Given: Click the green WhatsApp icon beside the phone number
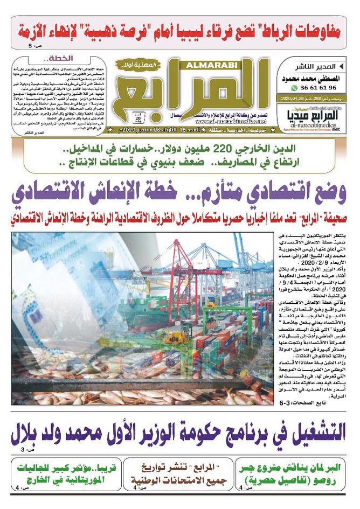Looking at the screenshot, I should click(294, 88).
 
